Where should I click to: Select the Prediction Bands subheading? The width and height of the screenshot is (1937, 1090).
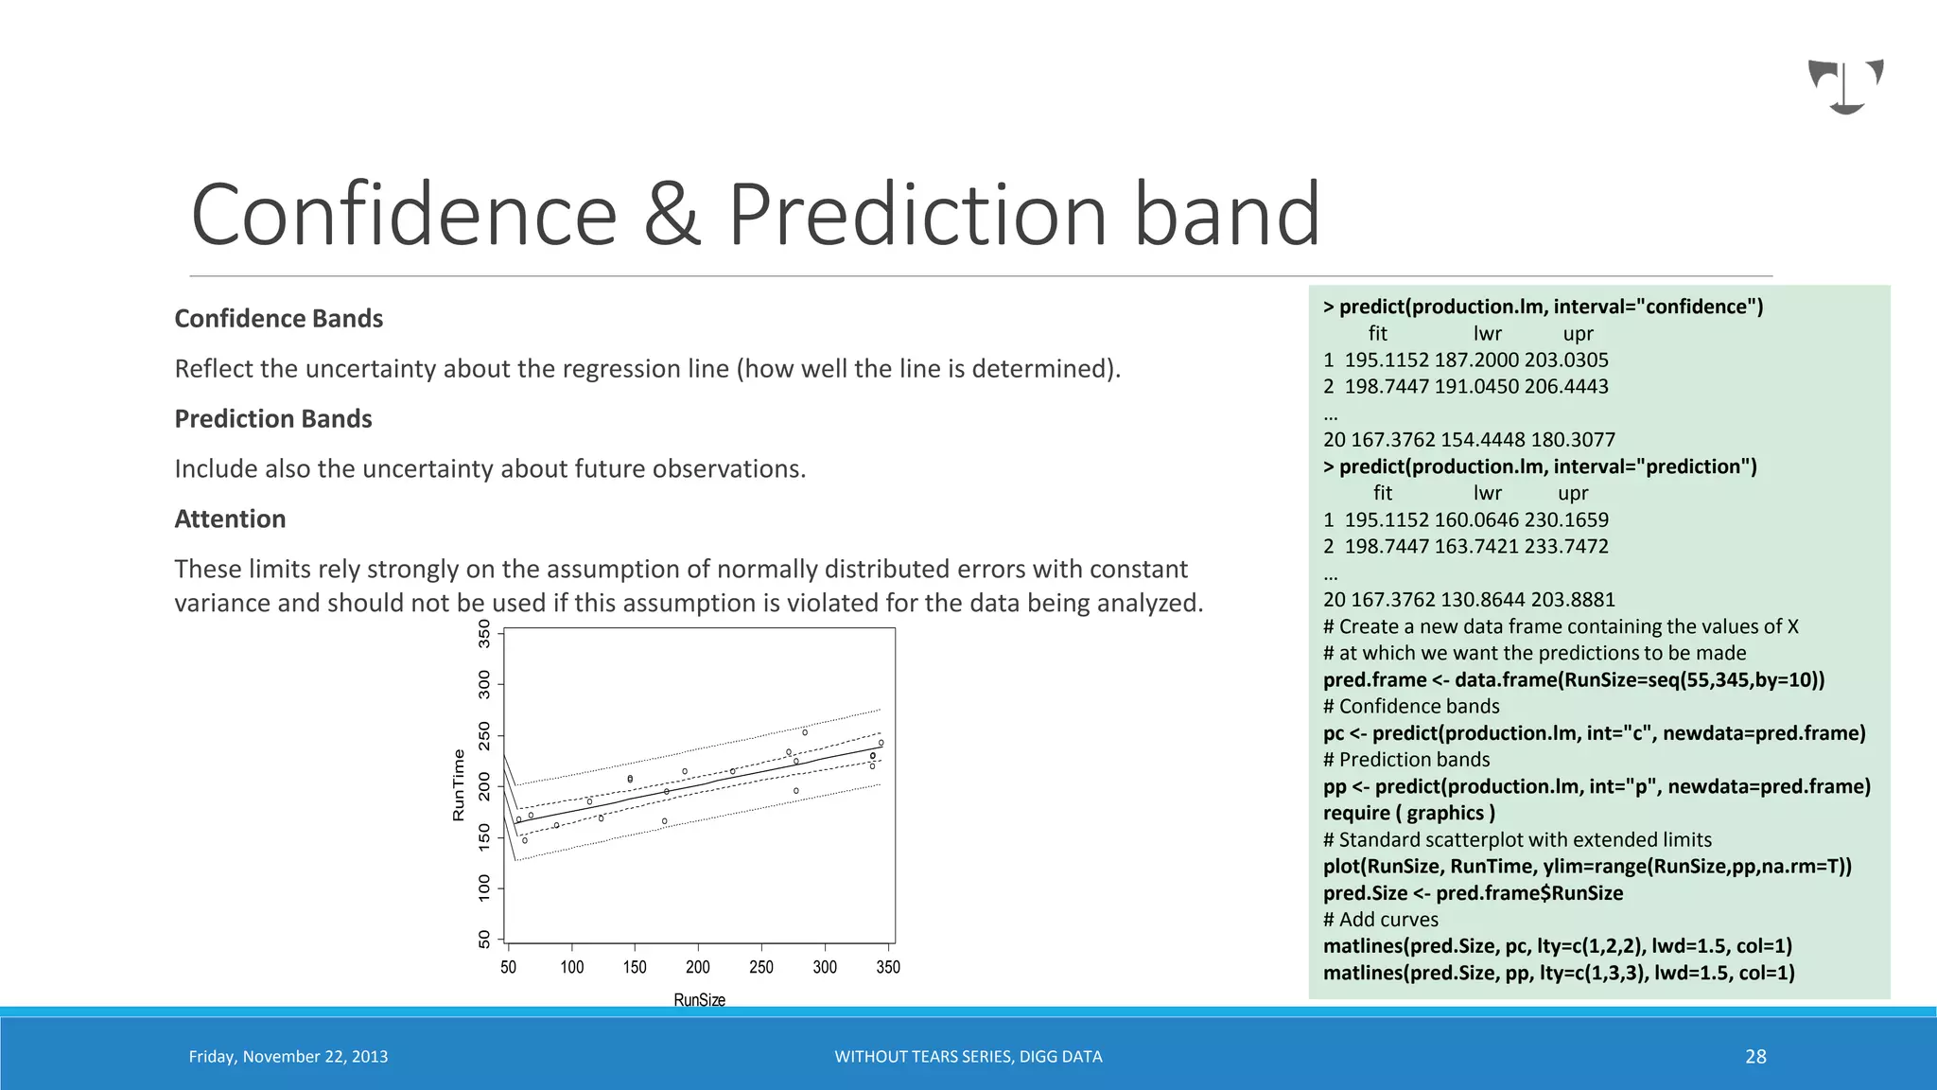pos(273,419)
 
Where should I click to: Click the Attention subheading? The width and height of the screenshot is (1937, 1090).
pos(230,519)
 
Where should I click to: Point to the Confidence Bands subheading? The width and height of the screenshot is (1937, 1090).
pos(278,319)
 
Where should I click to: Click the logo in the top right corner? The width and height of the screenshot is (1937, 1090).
pos(1845,86)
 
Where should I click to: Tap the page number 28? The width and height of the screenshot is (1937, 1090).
pos(1755,1057)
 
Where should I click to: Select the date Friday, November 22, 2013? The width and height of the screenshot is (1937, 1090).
pos(288,1057)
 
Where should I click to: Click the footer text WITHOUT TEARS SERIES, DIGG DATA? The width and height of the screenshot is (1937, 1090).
pos(968,1057)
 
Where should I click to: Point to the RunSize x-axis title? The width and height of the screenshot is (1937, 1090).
pos(699,1000)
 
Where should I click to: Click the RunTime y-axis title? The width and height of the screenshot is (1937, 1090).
pos(459,785)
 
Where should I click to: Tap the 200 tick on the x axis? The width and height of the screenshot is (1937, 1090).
pos(697,967)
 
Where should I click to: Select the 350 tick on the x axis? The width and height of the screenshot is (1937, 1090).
pos(887,967)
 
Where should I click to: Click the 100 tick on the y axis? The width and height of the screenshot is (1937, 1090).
pos(484,887)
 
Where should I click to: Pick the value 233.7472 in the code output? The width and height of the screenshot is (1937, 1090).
pos(1566,547)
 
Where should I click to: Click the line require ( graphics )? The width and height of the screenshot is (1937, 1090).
pos(1408,814)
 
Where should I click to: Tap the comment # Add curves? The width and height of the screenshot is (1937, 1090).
pos(1380,920)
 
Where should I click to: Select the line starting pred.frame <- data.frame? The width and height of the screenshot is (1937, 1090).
pos(1573,680)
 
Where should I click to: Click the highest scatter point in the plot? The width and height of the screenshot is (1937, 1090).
pos(805,732)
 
